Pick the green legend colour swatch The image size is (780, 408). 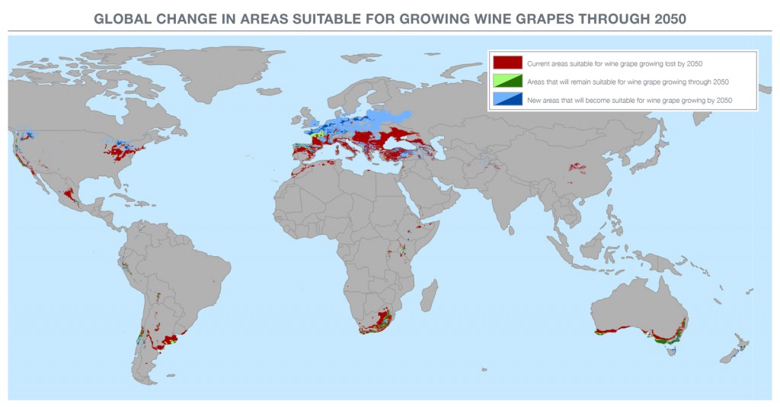click(x=507, y=82)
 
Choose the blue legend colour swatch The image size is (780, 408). click(x=507, y=100)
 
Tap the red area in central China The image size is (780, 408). click(x=577, y=167)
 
